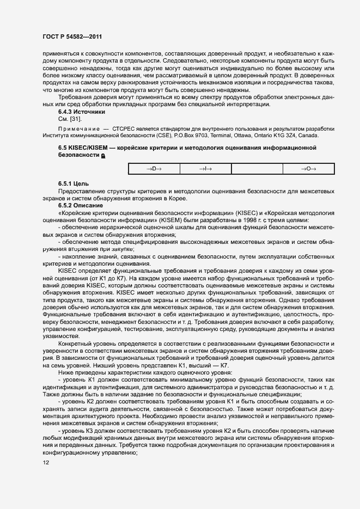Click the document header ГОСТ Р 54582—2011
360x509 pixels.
[x=72, y=36]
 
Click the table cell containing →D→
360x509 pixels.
[x=154, y=169]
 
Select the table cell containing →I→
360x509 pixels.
[x=205, y=169]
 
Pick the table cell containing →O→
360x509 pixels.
[x=308, y=169]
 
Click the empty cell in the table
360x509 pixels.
[x=257, y=169]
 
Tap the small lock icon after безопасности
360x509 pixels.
[x=103, y=156]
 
